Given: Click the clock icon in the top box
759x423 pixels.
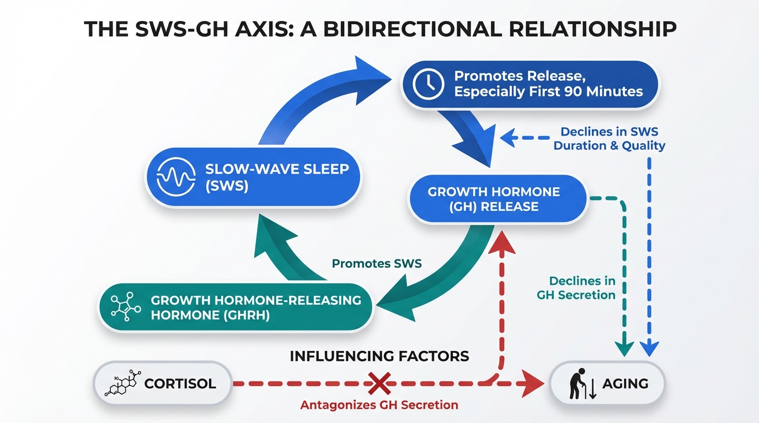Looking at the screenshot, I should point(429,84).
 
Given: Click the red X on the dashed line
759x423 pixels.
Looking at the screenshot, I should point(379,382).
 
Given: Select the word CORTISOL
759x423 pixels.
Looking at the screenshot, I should point(180,383).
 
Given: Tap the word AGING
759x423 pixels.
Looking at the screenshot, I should point(625,383).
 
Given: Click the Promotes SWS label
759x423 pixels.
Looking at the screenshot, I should point(377,263).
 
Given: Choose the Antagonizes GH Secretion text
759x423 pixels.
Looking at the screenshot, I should point(379,405).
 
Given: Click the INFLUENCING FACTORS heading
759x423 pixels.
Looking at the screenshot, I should point(379,356).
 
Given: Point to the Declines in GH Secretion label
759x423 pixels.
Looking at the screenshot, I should point(576,288).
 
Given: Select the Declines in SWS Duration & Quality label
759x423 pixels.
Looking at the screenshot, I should point(610,139).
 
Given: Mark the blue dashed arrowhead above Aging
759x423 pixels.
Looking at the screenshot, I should point(650,348).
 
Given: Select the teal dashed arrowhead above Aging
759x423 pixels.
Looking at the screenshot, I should point(624,348).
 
